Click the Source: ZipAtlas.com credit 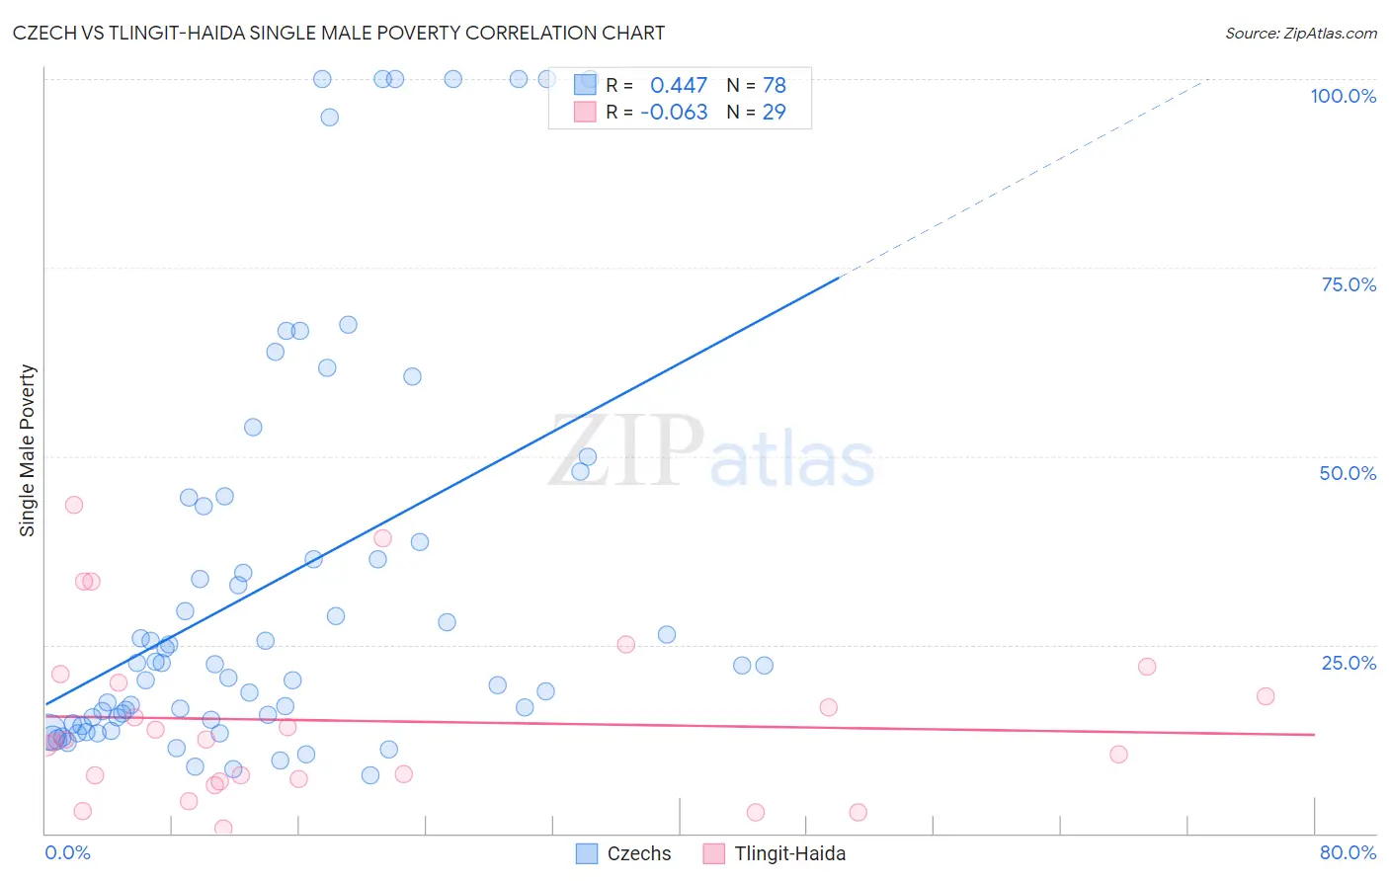tap(1300, 34)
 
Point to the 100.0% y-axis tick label tap(1343, 96)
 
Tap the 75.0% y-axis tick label tap(1348, 284)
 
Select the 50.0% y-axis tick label tap(1348, 473)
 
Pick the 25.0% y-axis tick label tap(1348, 662)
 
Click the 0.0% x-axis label tap(67, 852)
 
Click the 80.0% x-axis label tap(1348, 852)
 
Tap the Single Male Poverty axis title tap(28, 450)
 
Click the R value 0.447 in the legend tap(679, 86)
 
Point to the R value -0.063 tap(674, 112)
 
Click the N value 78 tap(774, 86)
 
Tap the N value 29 tap(774, 112)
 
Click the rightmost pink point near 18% tap(1266, 696)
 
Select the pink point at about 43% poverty tap(73, 505)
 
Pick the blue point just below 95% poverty tap(330, 118)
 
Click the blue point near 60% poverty tap(412, 376)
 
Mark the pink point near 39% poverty tap(382, 538)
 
